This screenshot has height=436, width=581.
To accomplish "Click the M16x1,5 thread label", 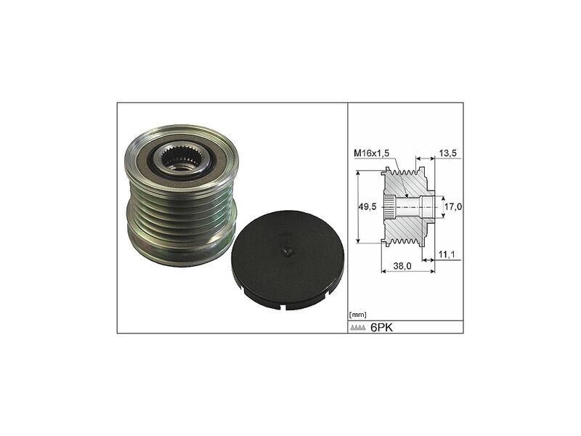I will tap(373, 153).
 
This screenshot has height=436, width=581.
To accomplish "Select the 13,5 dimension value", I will tap(447, 153).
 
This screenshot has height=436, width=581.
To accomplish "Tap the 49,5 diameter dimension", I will tap(368, 206).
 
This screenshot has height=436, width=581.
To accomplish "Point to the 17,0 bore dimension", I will tap(453, 207).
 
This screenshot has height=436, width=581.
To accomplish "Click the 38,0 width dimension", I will tap(403, 266).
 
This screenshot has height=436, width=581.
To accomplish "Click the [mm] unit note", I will tap(357, 315).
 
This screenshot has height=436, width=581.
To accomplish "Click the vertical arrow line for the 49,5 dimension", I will tap(359, 207).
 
